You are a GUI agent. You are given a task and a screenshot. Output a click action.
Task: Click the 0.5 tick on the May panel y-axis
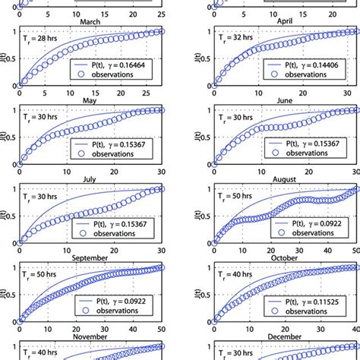click(8, 137)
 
